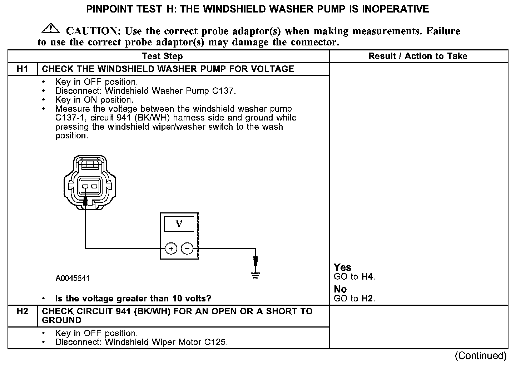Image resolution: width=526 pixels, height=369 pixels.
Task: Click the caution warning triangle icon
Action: (51, 29)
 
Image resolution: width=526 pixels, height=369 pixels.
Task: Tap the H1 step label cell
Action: (22, 69)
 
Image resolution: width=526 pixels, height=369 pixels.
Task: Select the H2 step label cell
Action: (22, 311)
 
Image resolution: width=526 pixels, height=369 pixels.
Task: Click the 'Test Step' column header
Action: (162, 56)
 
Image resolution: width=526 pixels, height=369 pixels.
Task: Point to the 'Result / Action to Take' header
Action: (418, 56)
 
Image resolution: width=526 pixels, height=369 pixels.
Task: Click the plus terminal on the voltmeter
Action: (171, 249)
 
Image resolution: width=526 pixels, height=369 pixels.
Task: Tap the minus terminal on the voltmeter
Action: (187, 249)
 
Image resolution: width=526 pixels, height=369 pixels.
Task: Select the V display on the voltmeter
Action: (179, 224)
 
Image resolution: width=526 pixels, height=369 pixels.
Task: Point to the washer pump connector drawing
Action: (89, 182)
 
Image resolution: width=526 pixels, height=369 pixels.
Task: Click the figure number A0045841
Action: (73, 278)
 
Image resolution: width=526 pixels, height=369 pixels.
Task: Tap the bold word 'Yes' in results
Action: (342, 267)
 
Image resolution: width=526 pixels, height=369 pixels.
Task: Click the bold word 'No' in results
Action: (340, 289)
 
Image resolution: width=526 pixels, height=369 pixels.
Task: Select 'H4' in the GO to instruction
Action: (367, 276)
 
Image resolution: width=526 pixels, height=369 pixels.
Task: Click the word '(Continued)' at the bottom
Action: (480, 356)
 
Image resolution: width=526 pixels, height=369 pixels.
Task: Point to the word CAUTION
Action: (91, 31)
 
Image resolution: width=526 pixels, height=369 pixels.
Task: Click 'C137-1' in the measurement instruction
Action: (67, 118)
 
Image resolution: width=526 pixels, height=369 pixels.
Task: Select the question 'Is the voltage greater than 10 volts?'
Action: (133, 299)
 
